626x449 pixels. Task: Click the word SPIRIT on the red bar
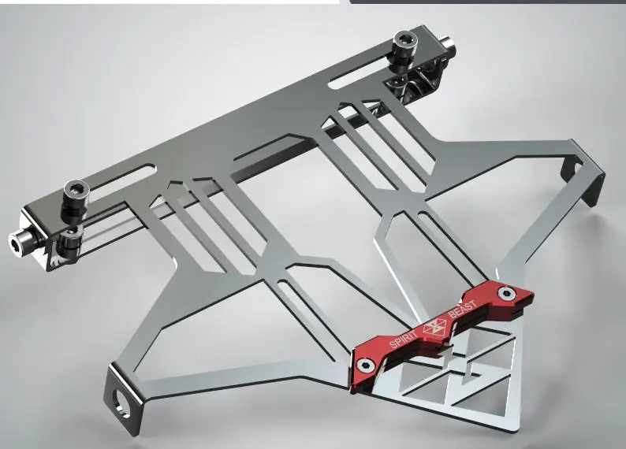pos(403,336)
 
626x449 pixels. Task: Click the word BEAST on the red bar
pos(462,310)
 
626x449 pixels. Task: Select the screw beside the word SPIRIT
pos(364,365)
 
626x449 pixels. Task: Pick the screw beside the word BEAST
pos(505,294)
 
